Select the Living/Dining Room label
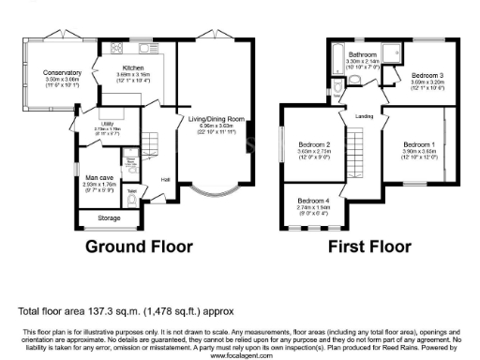point(217,119)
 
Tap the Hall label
point(165,179)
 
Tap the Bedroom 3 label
point(427,74)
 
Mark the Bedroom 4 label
point(314,202)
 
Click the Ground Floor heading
point(139,247)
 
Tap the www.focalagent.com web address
point(239,355)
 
